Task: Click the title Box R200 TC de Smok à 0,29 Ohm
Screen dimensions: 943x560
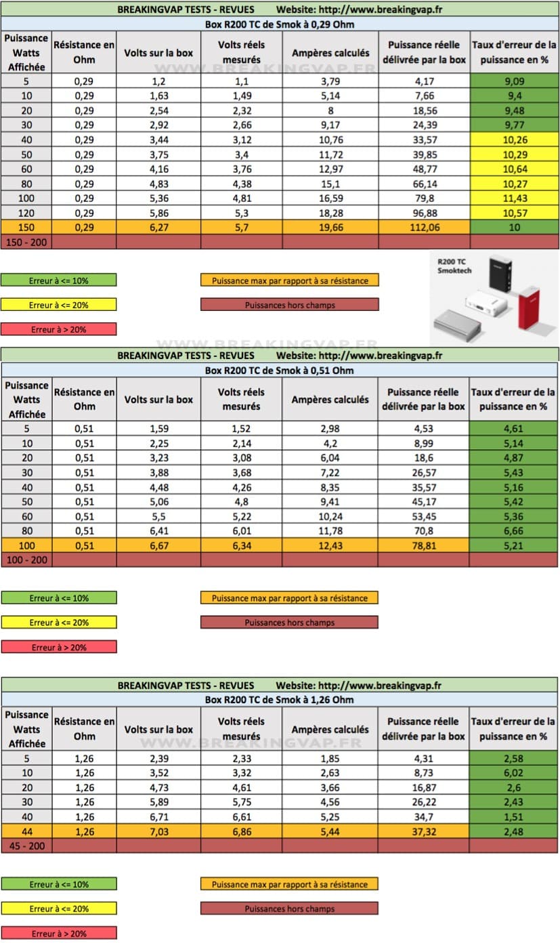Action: [x=279, y=24]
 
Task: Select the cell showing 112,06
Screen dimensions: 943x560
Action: [x=424, y=228]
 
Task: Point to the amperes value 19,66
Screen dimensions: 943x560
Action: [x=330, y=228]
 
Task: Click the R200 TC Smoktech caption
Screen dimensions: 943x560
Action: [x=454, y=265]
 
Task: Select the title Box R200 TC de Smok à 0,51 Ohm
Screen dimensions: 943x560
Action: [x=279, y=371]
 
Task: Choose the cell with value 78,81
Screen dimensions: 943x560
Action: [x=424, y=546]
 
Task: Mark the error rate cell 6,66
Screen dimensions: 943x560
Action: [x=514, y=531]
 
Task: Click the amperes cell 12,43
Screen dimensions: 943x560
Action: [x=330, y=546]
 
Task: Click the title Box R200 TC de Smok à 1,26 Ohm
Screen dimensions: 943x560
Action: [x=279, y=700]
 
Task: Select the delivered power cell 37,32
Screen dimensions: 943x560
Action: [x=424, y=831]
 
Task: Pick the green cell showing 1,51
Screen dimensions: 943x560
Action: [x=514, y=817]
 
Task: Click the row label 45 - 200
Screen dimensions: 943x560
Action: [x=24, y=845]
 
